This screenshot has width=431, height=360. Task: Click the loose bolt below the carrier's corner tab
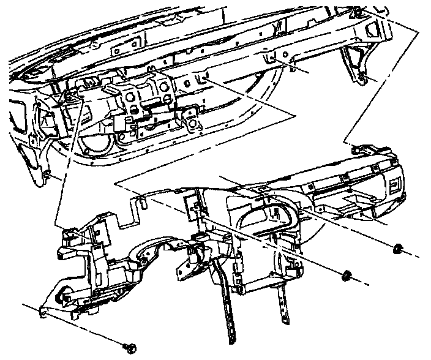tap(130, 348)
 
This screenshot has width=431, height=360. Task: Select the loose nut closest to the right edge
tap(397, 248)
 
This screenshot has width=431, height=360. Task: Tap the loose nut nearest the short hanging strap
tap(347, 275)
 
